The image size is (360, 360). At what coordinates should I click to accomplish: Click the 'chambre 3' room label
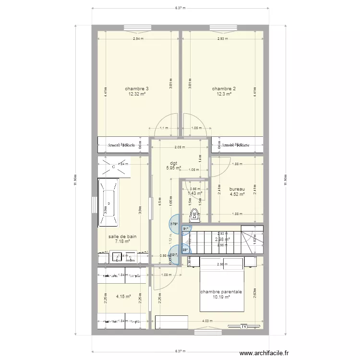point(137,89)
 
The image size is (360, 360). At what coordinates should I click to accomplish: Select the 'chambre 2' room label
point(224,89)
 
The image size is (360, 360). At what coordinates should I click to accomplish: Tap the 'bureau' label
point(237,189)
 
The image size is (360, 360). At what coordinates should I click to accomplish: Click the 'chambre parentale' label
point(221,291)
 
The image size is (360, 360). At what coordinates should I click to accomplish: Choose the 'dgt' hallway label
point(173,163)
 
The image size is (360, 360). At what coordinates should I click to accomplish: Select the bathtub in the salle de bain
point(108,203)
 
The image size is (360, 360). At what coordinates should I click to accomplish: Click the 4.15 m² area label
point(123,297)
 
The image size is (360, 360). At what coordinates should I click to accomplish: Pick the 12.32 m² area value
point(137,95)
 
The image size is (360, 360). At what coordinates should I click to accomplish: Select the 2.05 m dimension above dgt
point(180,147)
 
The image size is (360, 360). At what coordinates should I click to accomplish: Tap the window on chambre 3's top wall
point(137,27)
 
